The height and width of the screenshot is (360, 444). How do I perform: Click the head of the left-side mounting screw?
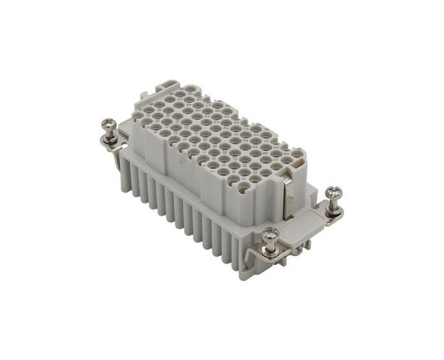point(110,124)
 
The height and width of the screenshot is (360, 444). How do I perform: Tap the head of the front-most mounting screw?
point(270,234)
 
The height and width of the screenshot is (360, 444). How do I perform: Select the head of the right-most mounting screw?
point(333,193)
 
